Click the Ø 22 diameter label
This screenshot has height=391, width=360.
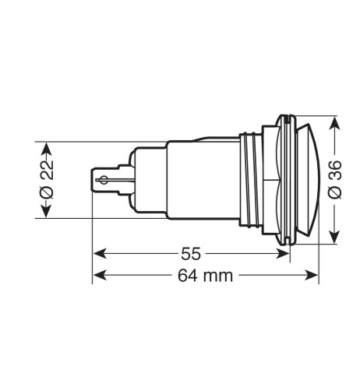point(46,180)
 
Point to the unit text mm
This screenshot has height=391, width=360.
point(218,275)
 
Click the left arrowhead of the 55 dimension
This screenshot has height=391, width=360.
point(97,253)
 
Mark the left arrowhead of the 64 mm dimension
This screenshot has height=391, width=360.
point(97,275)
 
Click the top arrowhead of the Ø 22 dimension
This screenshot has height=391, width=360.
point(46,146)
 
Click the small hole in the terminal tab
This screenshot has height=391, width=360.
point(100,181)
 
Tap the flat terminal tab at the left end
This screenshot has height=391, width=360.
point(104,181)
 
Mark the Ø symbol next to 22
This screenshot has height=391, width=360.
point(46,195)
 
